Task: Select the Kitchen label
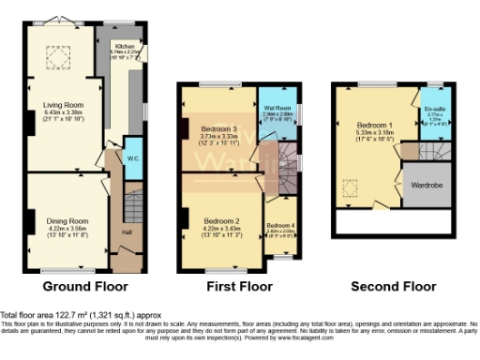[125, 45]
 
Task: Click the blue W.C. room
[132, 157]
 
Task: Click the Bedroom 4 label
[280, 226]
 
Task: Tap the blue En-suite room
[434, 116]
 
